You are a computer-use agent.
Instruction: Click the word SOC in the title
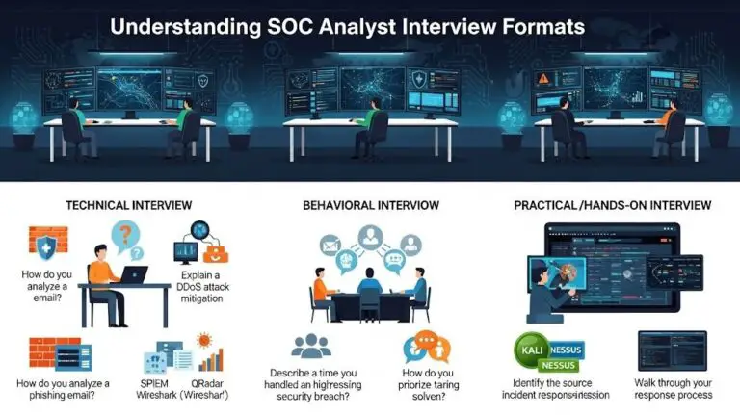pyautogui.click(x=290, y=26)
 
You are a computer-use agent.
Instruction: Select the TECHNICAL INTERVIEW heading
pyautogui.click(x=127, y=205)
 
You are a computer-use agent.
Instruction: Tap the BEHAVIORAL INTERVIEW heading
pyautogui.click(x=370, y=205)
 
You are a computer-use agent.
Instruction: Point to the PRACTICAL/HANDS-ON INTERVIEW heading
pyautogui.click(x=613, y=205)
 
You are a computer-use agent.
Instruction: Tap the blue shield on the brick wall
pyautogui.click(x=46, y=245)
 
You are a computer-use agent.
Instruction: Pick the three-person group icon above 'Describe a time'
pyautogui.click(x=310, y=345)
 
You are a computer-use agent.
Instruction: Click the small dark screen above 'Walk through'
pyautogui.click(x=672, y=349)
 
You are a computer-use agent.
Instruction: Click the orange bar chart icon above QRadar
pyautogui.click(x=213, y=358)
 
